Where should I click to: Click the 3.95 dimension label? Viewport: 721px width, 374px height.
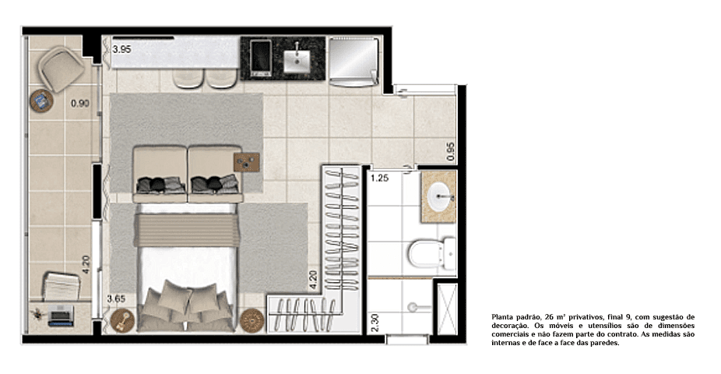pos(121,50)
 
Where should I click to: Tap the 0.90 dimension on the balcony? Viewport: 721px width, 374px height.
pos(79,103)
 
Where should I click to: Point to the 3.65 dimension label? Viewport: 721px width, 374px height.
pos(116,298)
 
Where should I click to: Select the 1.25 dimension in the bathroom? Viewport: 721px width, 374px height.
pos(379,178)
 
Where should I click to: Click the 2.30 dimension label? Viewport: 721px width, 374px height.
pos(375,323)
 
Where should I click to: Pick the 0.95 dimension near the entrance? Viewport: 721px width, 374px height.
pos(450,150)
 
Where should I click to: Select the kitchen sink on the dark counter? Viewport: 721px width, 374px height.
pos(297,58)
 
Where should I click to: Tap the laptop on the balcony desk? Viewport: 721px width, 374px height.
pos(61,316)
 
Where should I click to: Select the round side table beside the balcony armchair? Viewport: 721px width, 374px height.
pos(41,101)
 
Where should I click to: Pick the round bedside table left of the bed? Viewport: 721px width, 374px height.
pos(122,320)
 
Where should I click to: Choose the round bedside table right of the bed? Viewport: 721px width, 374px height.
pos(252,319)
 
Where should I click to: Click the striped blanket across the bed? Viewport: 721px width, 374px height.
pos(185,230)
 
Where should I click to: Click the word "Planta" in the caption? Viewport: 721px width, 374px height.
pos(503,317)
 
